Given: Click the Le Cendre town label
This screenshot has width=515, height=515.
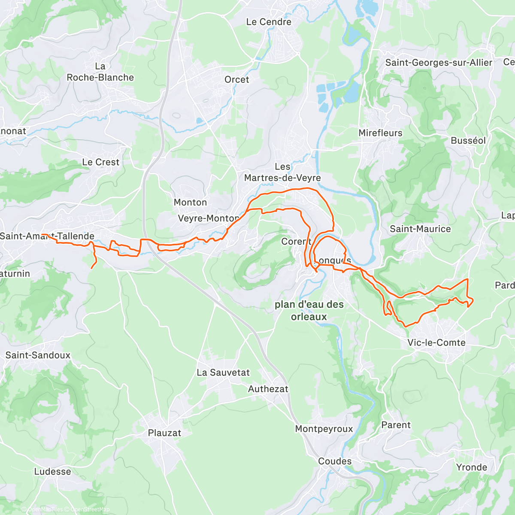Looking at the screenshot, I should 269,22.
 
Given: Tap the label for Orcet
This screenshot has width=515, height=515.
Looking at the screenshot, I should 236,79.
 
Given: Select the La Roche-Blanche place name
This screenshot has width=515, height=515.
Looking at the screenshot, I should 100,72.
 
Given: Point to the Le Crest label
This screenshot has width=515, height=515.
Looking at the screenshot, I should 101,162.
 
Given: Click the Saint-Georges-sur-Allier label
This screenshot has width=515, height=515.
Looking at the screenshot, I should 439,63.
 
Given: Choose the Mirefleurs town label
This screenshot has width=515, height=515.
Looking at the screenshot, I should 380,133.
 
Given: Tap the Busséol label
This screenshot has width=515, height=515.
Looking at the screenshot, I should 468,141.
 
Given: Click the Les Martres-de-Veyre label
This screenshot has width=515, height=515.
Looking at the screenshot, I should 282,173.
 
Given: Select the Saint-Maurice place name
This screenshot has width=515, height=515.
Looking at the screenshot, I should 420,229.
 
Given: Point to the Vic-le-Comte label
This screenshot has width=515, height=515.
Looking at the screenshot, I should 436,342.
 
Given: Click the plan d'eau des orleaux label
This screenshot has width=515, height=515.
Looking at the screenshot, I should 309,311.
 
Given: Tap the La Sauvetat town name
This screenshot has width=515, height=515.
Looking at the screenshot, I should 223,373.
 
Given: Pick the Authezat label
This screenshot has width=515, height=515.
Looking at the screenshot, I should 268,389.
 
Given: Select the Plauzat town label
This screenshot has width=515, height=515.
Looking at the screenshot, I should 164,433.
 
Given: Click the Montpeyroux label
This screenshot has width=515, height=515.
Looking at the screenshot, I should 324,429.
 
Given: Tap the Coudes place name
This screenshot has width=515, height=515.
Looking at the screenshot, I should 335,461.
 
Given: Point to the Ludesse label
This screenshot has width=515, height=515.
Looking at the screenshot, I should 52,472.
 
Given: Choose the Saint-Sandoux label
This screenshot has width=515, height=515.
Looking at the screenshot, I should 38,355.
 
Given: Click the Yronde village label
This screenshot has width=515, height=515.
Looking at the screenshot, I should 471,467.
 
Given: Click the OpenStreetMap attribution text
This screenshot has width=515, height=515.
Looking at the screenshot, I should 90,509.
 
